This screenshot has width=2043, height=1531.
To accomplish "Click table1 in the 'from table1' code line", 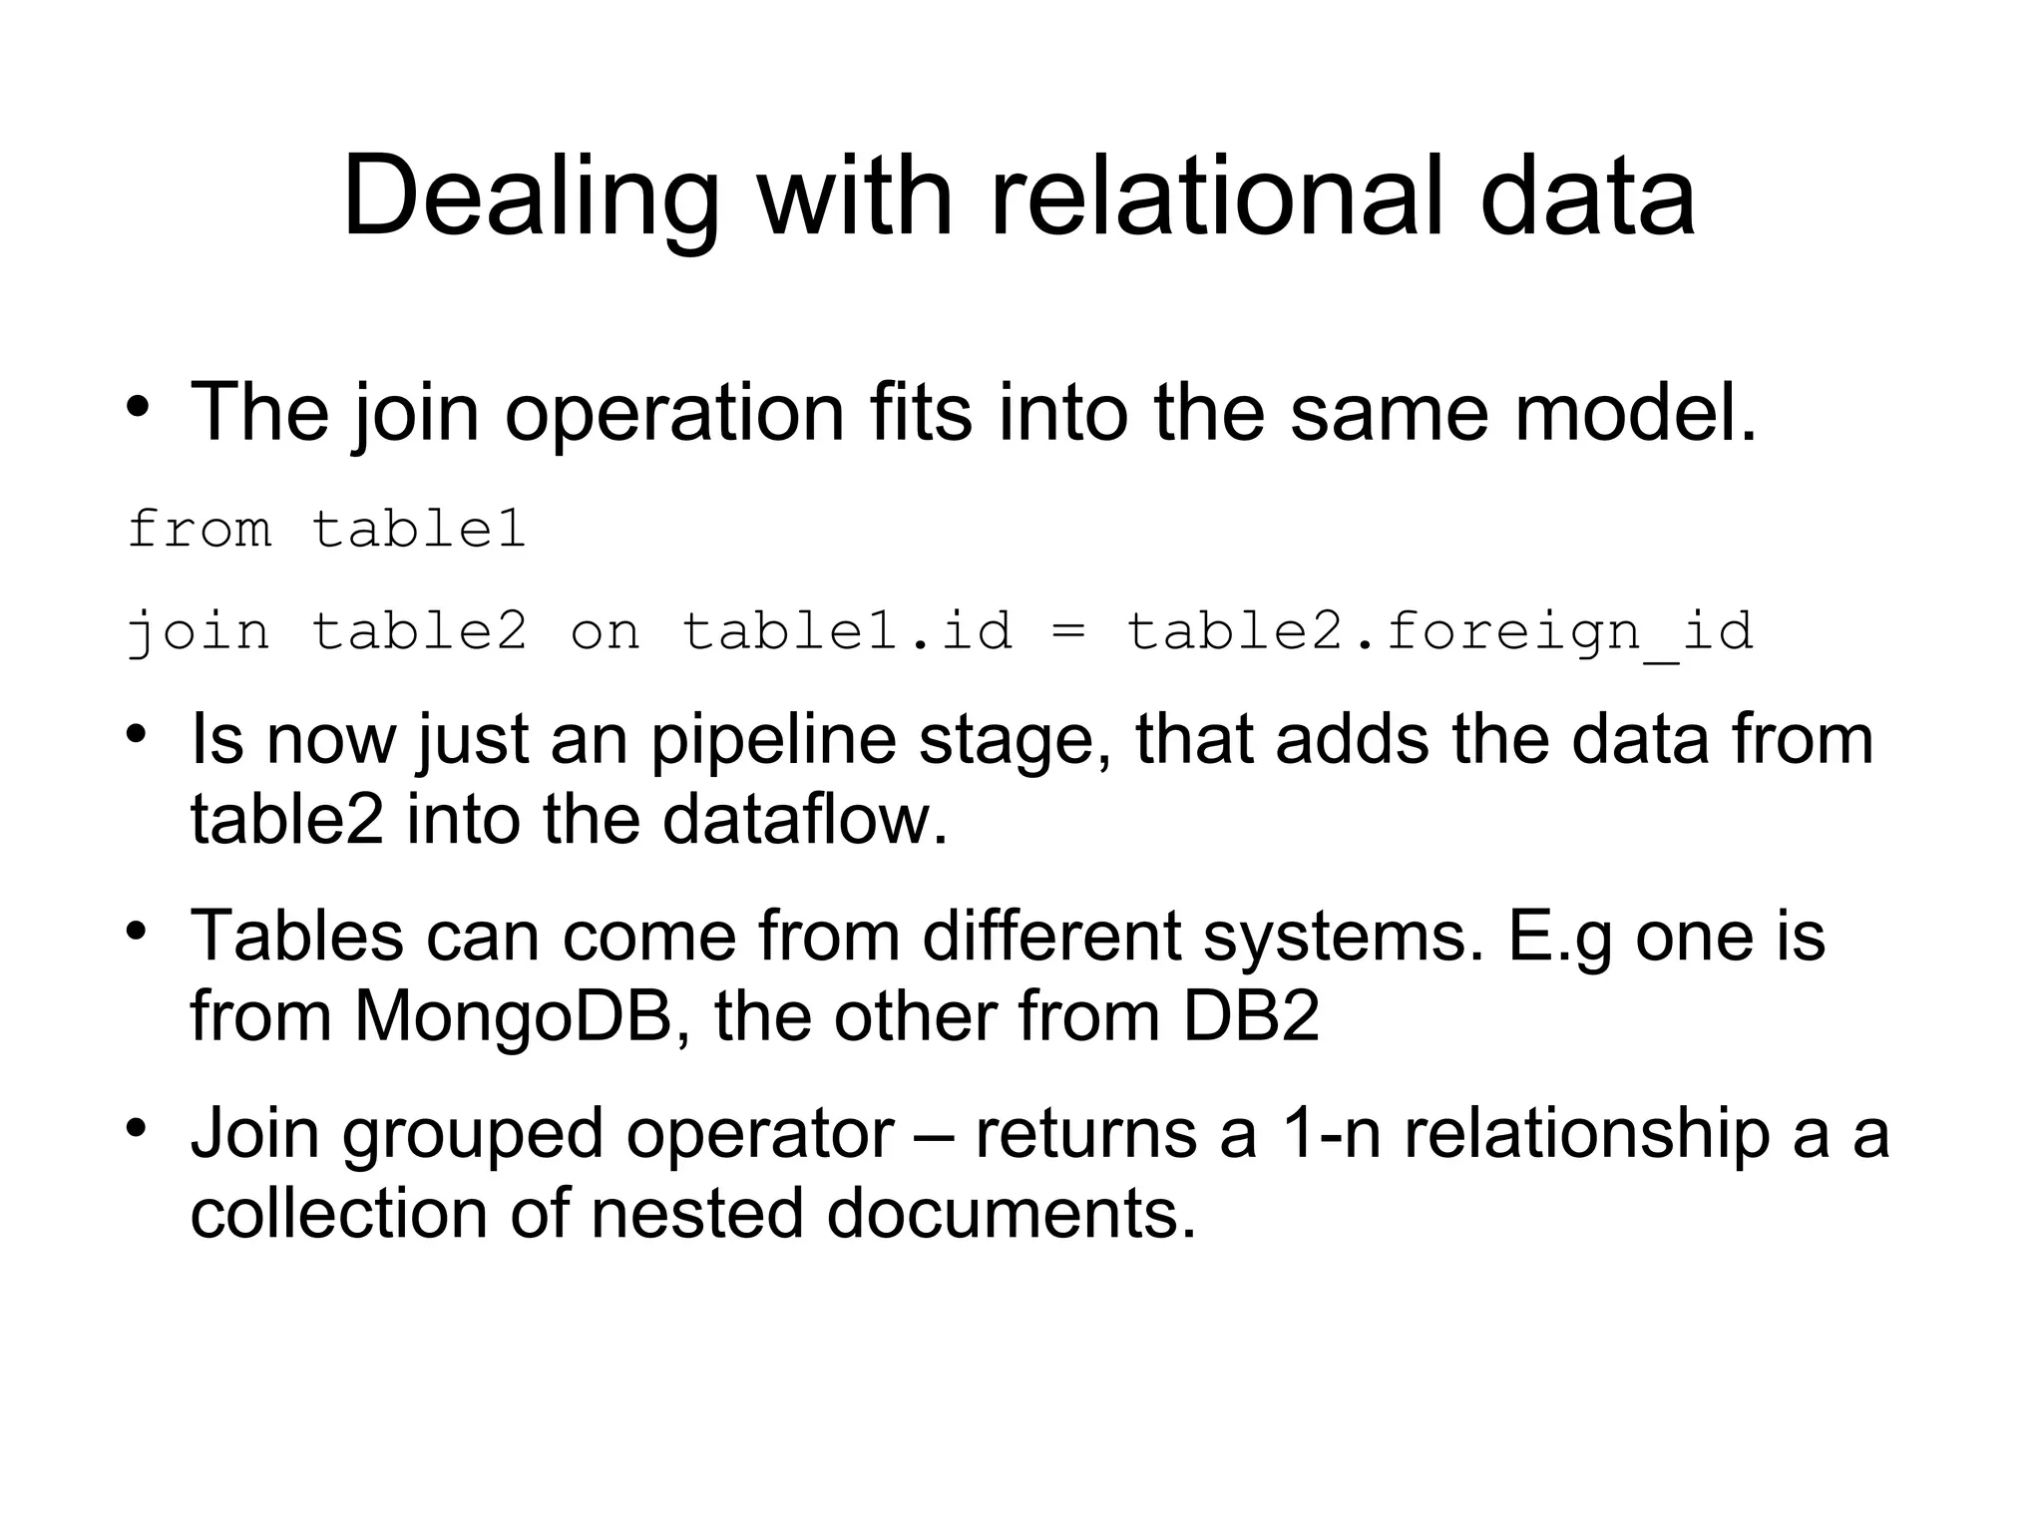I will [x=419, y=528].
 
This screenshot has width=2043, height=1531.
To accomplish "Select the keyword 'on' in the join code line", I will [x=605, y=631].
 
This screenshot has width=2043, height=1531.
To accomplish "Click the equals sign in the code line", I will [x=1068, y=631].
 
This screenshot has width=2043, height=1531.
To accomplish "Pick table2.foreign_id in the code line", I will [x=1439, y=631].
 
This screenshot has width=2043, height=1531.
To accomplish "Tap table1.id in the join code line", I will [x=847, y=631].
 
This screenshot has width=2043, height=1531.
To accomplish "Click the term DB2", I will [x=1251, y=1016].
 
